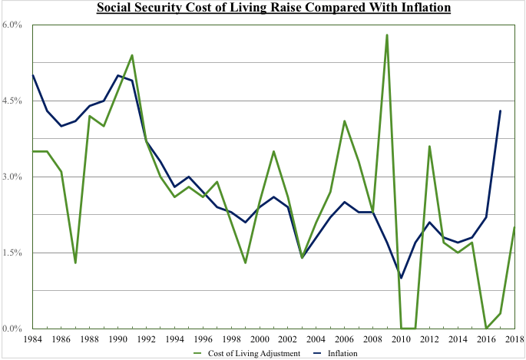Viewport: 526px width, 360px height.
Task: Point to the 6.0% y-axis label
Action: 15,25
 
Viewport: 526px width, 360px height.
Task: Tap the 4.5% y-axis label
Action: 15,101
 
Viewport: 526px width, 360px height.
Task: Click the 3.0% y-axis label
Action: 15,177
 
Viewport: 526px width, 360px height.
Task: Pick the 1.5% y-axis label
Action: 15,253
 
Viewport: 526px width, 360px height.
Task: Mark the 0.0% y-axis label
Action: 15,329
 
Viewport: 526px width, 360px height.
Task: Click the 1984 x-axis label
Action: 33,338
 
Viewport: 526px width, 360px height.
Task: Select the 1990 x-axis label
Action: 117,338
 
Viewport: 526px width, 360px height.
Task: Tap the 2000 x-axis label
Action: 260,338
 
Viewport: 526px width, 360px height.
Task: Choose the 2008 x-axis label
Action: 372,338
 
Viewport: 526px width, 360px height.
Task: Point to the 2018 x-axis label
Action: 514,338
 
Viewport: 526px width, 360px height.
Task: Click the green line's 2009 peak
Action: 387,35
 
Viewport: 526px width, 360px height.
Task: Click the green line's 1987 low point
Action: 75,263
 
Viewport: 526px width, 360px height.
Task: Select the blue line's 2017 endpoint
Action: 500,111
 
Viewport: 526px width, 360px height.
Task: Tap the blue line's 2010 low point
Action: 401,278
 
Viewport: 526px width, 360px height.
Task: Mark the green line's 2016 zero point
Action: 486,329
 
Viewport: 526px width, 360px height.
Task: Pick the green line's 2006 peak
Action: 344,121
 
